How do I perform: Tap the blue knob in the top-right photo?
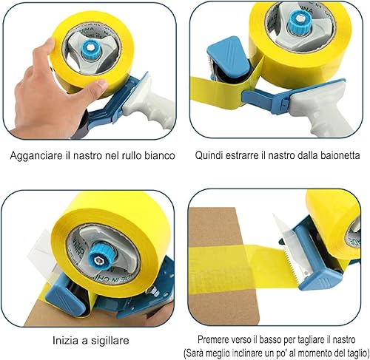click(299, 21)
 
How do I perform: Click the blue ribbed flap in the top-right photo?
click(229, 55)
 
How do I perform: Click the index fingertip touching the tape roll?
click(50, 43)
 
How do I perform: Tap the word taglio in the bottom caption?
click(356, 353)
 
